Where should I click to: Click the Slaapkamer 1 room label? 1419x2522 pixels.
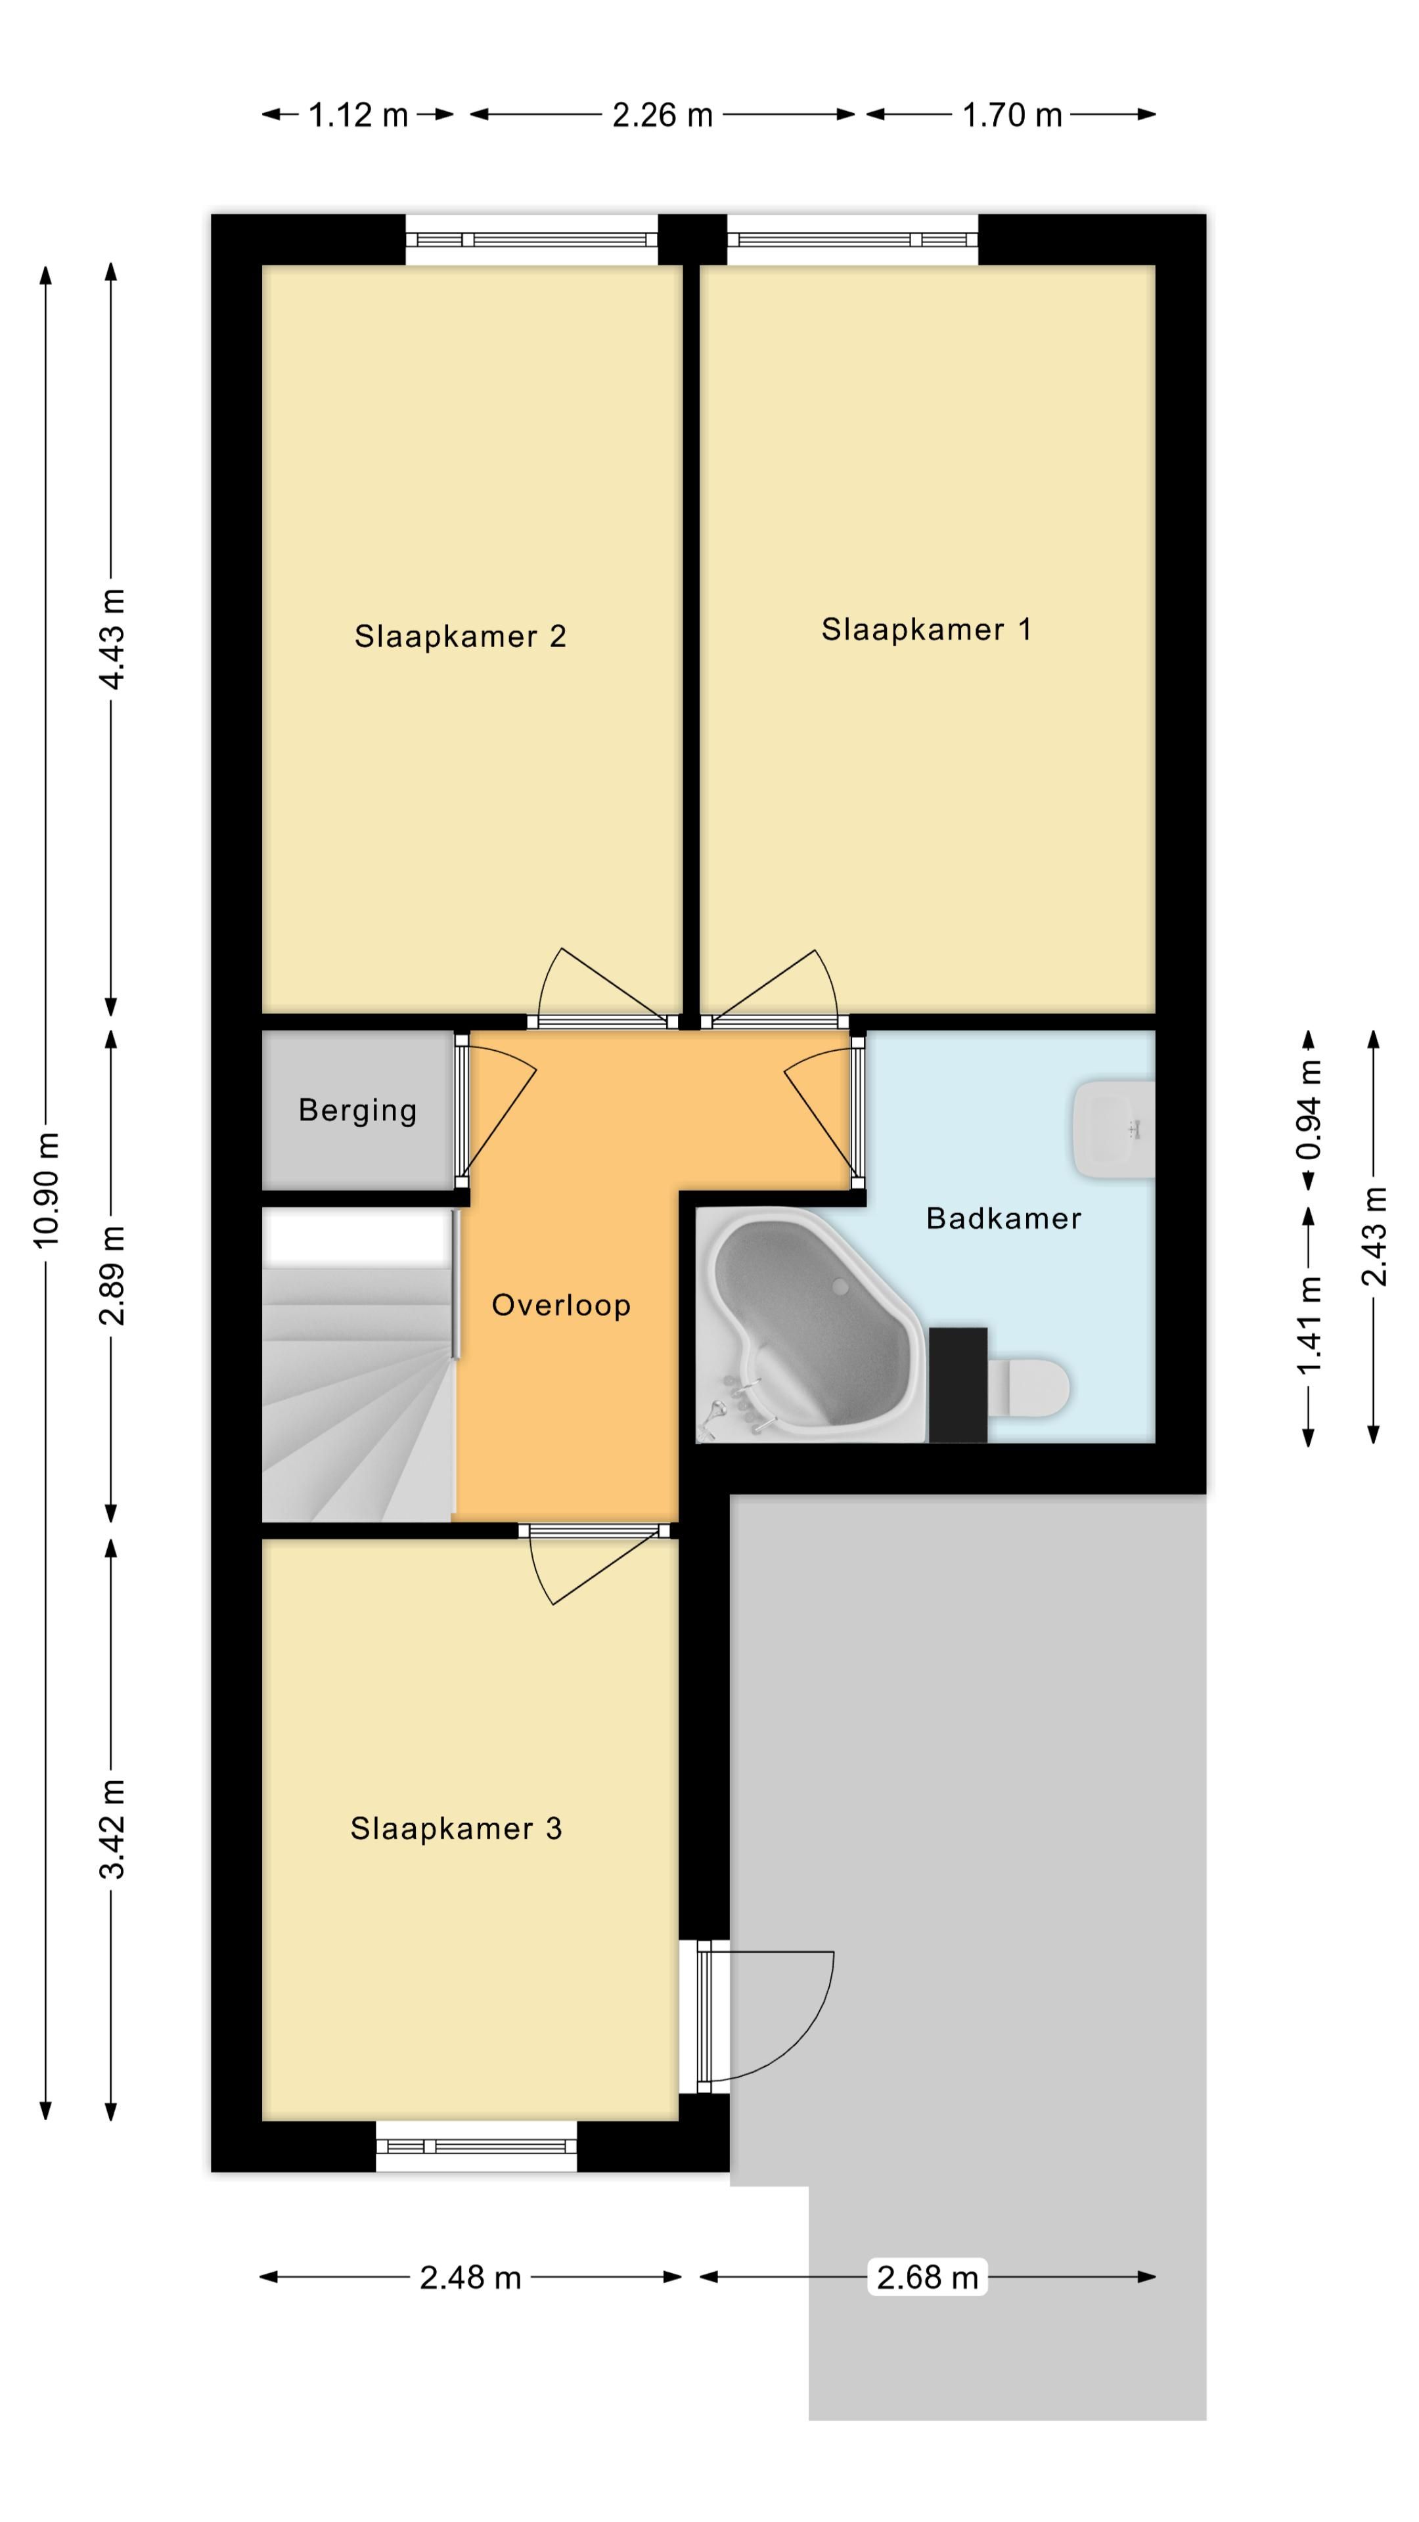(926, 630)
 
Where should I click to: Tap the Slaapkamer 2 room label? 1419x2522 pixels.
(461, 636)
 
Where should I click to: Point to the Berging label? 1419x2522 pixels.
(357, 1110)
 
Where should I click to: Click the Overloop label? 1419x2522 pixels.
(561, 1305)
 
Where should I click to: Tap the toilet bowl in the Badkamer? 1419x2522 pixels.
(1027, 1385)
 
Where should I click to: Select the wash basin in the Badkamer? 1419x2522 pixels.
(1114, 1129)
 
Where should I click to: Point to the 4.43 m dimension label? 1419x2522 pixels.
(112, 638)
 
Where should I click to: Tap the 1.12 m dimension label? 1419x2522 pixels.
(359, 116)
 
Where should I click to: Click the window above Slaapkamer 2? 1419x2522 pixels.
(531, 240)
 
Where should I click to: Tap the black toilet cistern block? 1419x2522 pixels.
(958, 1384)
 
